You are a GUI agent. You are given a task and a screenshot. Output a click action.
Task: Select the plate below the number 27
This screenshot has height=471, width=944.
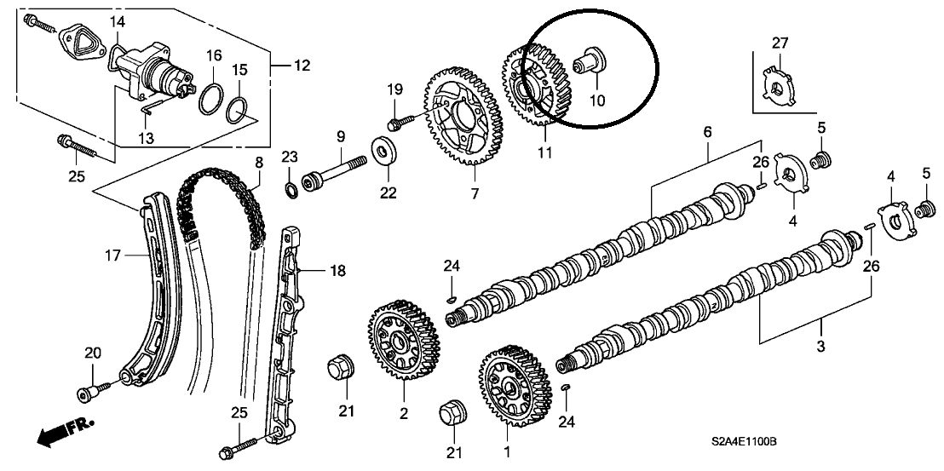point(778,85)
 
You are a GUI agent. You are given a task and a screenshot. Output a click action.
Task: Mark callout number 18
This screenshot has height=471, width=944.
point(337,271)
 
